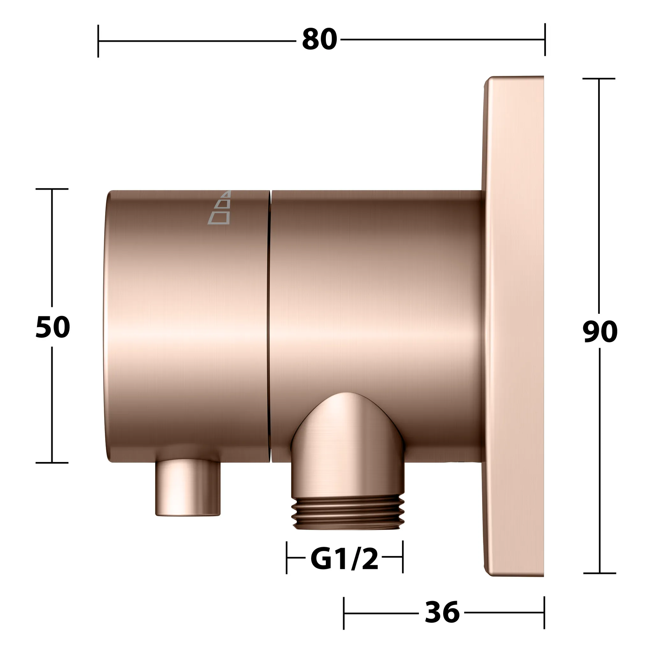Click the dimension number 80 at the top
(319, 40)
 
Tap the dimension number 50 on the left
(53, 327)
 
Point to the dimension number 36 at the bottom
(442, 612)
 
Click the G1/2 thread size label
(344, 558)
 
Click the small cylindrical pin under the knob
(188, 487)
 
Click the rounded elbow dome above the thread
(348, 419)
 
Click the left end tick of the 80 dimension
(98, 41)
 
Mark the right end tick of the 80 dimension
(545, 40)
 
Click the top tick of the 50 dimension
(52, 189)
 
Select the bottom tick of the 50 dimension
(52, 463)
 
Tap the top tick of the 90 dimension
(599, 78)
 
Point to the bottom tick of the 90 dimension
(599, 573)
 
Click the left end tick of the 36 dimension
(344, 613)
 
